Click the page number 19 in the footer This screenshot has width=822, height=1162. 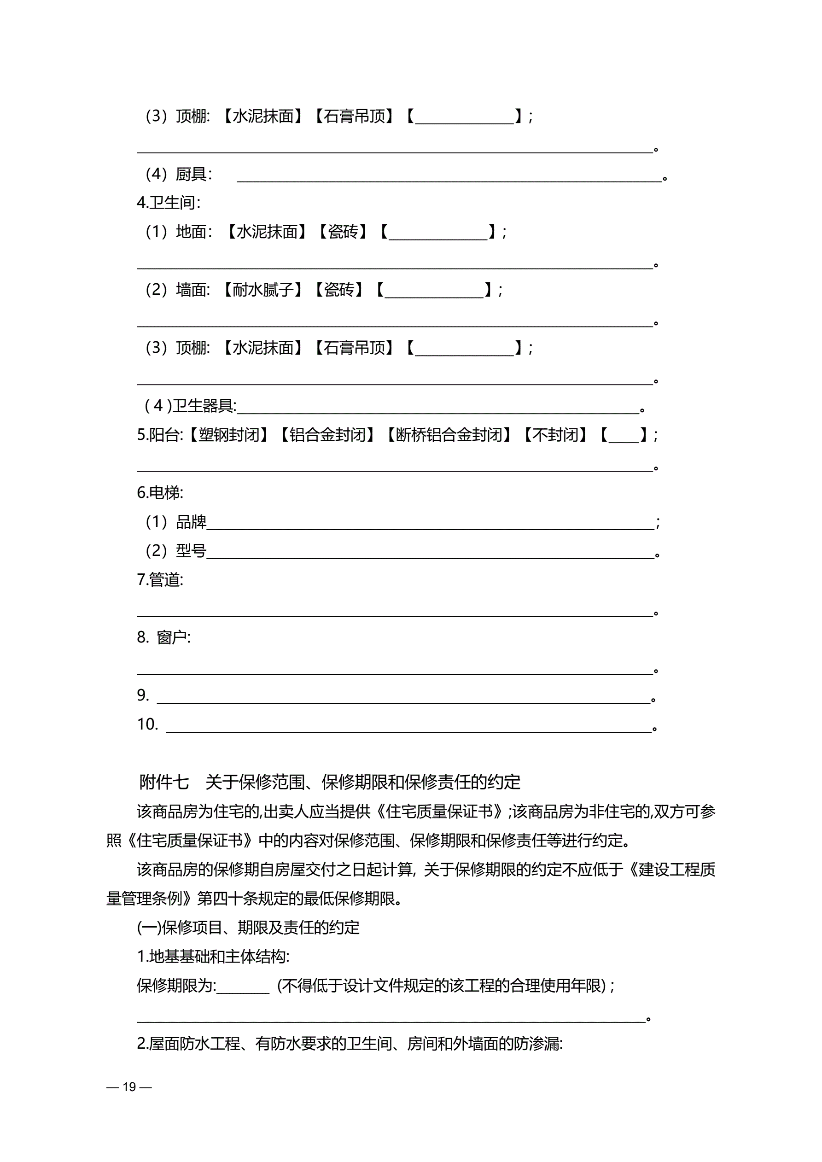click(129, 1086)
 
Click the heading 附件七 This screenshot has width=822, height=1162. click(163, 782)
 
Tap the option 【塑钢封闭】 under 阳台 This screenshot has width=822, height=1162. click(228, 435)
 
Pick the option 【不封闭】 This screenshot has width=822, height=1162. click(555, 435)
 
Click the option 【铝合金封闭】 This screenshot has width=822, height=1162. click(327, 435)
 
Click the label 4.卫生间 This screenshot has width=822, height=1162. click(169, 203)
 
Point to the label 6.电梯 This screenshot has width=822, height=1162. click(160, 492)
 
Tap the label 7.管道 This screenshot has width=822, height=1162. click(160, 579)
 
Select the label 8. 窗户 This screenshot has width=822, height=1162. click(163, 637)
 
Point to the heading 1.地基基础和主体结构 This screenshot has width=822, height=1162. click(213, 956)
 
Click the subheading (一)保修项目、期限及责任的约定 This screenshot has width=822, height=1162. click(248, 927)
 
